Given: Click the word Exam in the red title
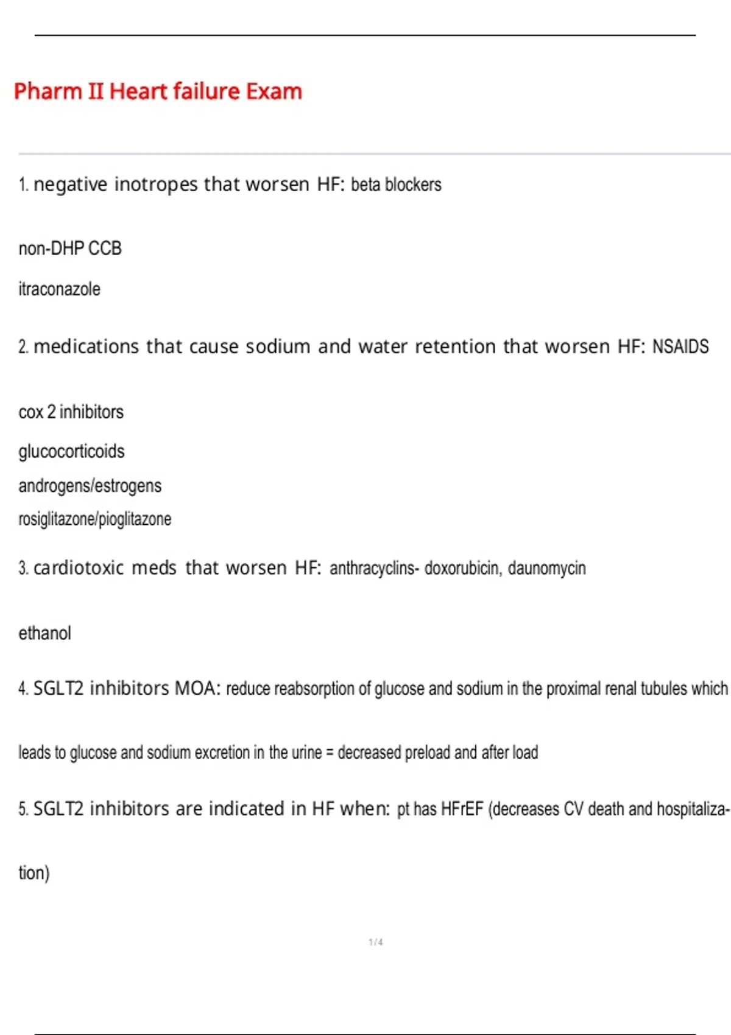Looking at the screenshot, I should (274, 91).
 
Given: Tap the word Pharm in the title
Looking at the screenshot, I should (48, 91).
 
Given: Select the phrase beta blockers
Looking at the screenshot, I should (396, 184).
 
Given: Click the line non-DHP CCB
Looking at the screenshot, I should (70, 248).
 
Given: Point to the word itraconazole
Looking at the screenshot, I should (59, 289).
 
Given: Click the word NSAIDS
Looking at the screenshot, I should (680, 346).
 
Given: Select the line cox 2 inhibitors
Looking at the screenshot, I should (71, 412).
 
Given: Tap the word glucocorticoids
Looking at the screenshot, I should (71, 451).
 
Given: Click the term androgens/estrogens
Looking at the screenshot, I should (90, 486).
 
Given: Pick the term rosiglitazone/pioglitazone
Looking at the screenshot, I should (94, 519).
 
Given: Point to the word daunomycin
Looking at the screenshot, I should (546, 568).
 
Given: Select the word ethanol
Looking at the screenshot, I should (44, 633).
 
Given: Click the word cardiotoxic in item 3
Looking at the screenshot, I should (79, 568).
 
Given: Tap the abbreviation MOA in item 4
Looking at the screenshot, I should (197, 689).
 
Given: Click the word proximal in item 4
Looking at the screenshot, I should (573, 689).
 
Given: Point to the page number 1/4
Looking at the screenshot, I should (376, 942).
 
